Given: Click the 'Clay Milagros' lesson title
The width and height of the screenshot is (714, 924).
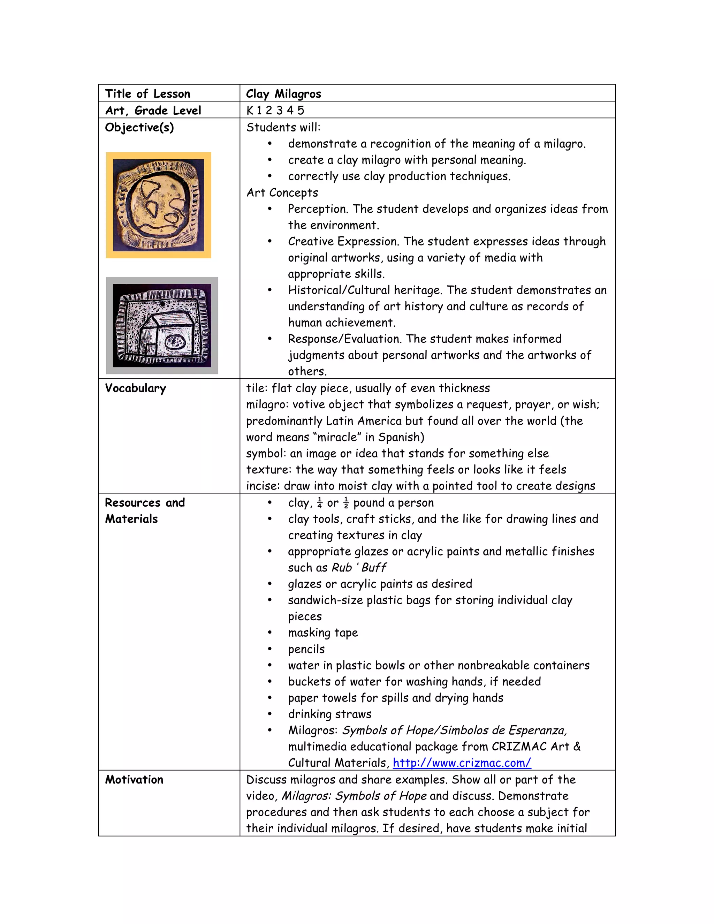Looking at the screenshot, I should pyautogui.click(x=283, y=93).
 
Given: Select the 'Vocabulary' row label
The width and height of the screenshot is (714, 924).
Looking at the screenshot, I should pyautogui.click(x=135, y=388).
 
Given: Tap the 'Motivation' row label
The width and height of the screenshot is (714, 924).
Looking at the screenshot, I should pyautogui.click(x=134, y=779).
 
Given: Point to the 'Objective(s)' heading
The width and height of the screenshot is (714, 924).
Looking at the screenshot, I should pyautogui.click(x=139, y=127).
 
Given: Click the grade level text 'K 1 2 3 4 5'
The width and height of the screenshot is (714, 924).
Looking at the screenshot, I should pyautogui.click(x=275, y=111).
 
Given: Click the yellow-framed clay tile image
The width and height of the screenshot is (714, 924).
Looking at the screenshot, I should pyautogui.click(x=159, y=205).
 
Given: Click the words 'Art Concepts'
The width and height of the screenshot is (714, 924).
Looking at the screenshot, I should pyautogui.click(x=282, y=192).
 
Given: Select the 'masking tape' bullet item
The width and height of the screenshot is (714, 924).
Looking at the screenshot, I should pyautogui.click(x=323, y=633).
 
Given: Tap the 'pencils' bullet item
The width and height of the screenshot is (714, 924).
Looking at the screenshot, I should pyautogui.click(x=306, y=649).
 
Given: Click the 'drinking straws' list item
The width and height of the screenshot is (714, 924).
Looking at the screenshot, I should pyautogui.click(x=329, y=714).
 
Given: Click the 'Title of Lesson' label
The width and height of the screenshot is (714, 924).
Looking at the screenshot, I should pyautogui.click(x=147, y=93).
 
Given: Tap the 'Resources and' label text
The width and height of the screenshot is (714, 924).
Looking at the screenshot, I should pyautogui.click(x=145, y=502).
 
